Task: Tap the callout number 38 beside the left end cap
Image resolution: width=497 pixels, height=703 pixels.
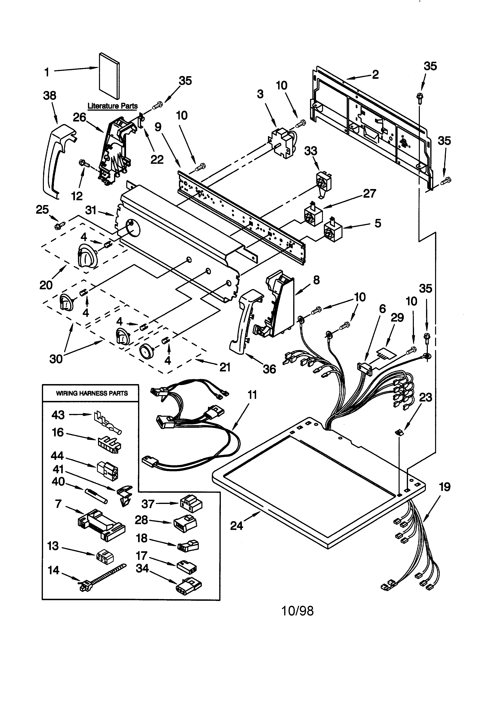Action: pos(49,96)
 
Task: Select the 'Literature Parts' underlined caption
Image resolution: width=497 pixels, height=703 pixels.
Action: pos(113,106)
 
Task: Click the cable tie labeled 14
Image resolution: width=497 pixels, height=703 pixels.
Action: pos(101,578)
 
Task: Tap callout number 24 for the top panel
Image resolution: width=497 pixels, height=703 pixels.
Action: pos(236,526)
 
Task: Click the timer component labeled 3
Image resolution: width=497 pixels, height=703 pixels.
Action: pos(282,143)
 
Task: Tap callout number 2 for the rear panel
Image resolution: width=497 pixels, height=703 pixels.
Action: pos(375,74)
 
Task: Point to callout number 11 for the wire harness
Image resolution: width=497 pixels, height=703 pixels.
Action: pos(252,395)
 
